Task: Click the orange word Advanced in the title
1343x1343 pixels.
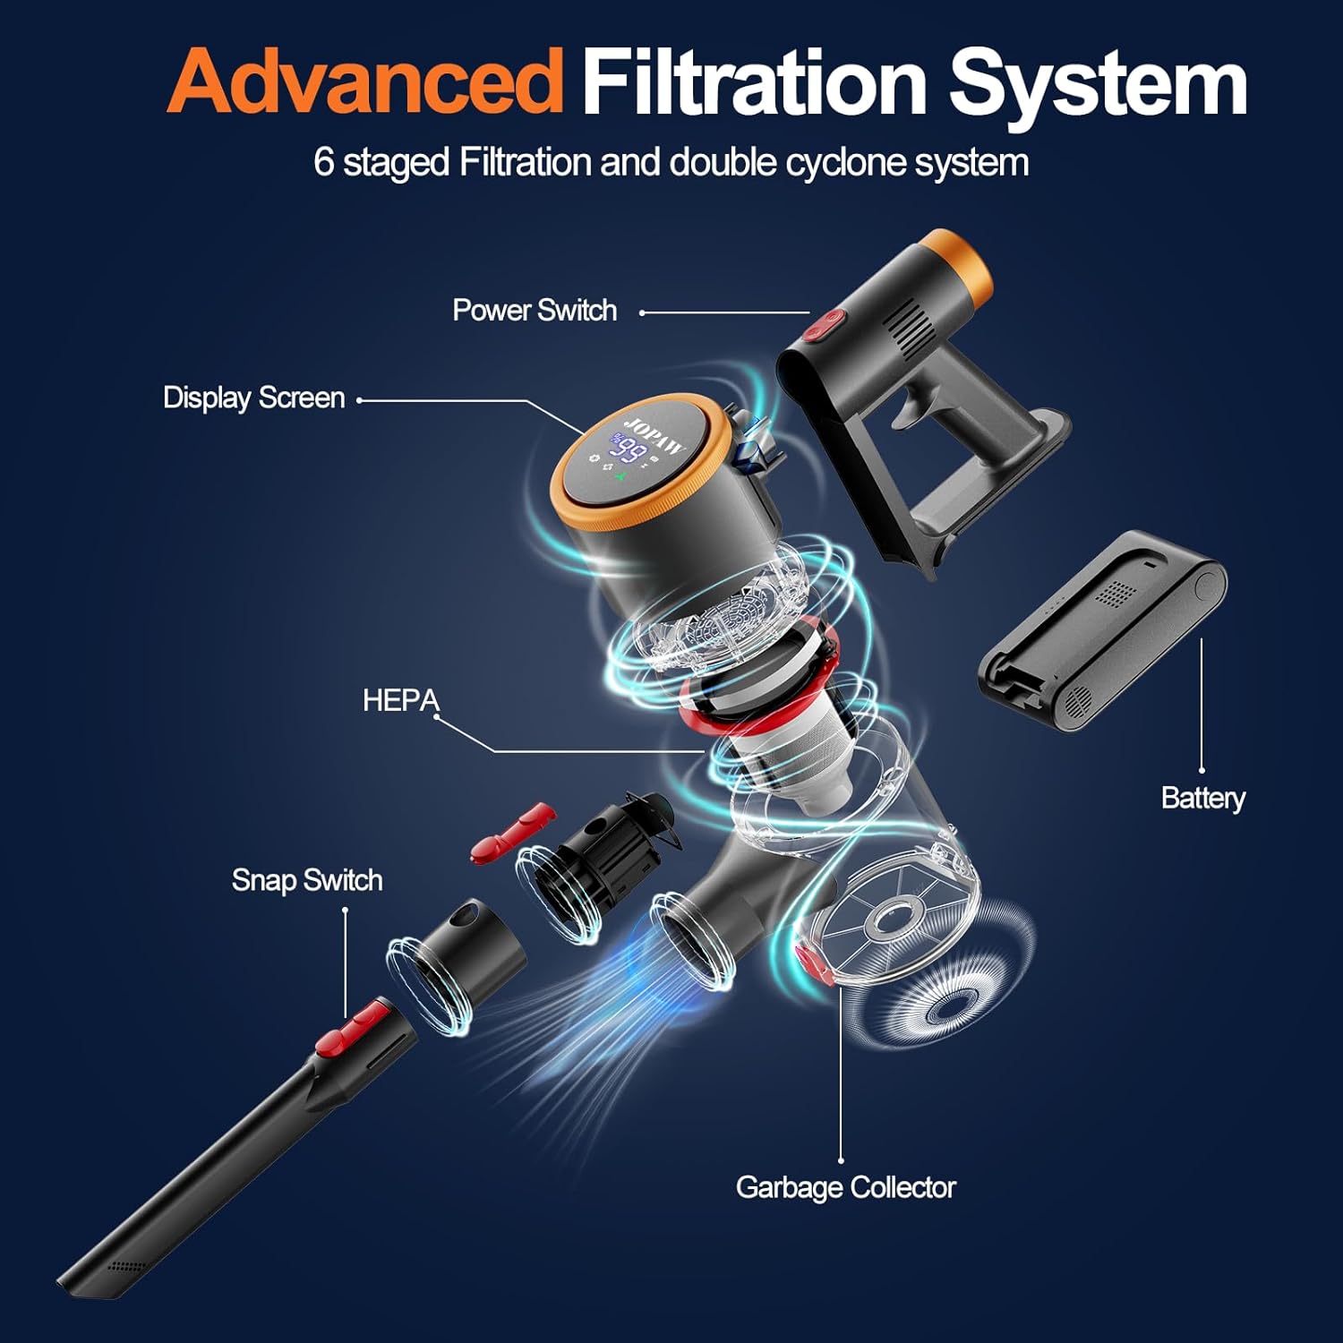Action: coord(364,82)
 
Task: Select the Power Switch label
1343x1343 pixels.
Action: coord(535,311)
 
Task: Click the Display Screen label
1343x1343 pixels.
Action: coord(253,398)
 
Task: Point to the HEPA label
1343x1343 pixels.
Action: coord(400,700)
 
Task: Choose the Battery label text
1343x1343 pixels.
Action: coord(1202,798)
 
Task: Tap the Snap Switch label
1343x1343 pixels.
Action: coord(307,880)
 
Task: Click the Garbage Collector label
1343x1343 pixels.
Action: coord(845,1187)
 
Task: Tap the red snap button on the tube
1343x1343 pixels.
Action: coord(354,1027)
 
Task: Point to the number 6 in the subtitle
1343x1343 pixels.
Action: coord(323,163)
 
